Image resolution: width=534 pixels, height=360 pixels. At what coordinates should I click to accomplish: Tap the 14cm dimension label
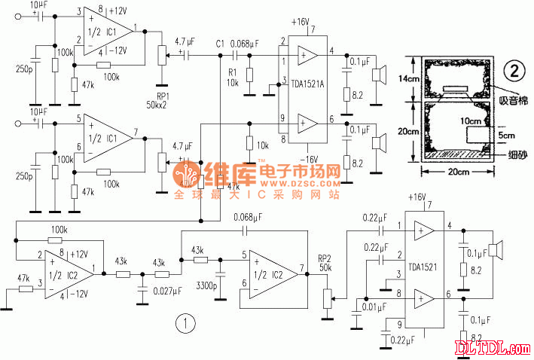coord(409,79)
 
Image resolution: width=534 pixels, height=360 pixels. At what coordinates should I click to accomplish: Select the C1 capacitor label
coord(219,42)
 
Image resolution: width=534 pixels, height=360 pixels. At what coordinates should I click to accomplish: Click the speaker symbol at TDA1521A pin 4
coord(383,75)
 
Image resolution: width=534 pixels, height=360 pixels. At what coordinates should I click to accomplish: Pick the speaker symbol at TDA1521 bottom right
coord(495,249)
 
